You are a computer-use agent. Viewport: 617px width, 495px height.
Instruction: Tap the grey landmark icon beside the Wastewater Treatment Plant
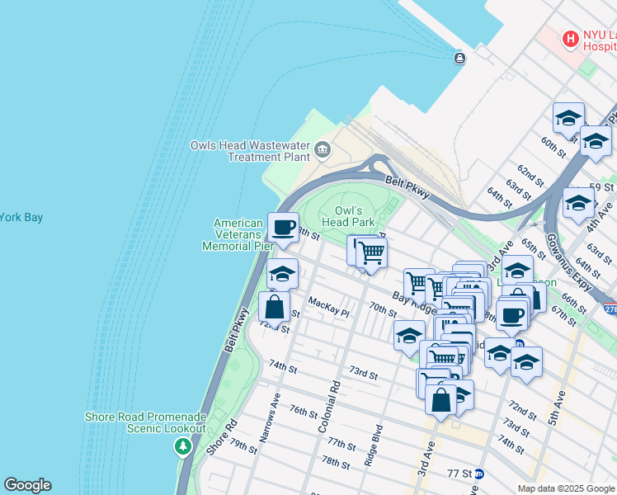click(x=323, y=150)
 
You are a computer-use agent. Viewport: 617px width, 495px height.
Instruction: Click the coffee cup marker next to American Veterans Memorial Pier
click(x=283, y=227)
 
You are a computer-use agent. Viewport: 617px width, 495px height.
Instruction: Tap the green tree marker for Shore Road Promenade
click(x=182, y=446)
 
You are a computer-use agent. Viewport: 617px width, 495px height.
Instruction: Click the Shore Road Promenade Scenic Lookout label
click(x=145, y=422)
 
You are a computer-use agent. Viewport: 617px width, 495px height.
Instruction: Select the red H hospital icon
click(x=569, y=38)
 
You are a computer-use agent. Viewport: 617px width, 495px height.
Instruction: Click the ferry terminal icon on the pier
click(x=459, y=57)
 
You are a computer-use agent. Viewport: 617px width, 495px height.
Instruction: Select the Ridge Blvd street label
click(x=374, y=446)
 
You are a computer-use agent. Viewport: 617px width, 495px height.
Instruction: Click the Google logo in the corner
click(x=27, y=485)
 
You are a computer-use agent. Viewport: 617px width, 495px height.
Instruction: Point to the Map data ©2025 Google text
click(x=565, y=488)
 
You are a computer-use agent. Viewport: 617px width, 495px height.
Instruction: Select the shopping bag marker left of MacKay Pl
click(x=274, y=307)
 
